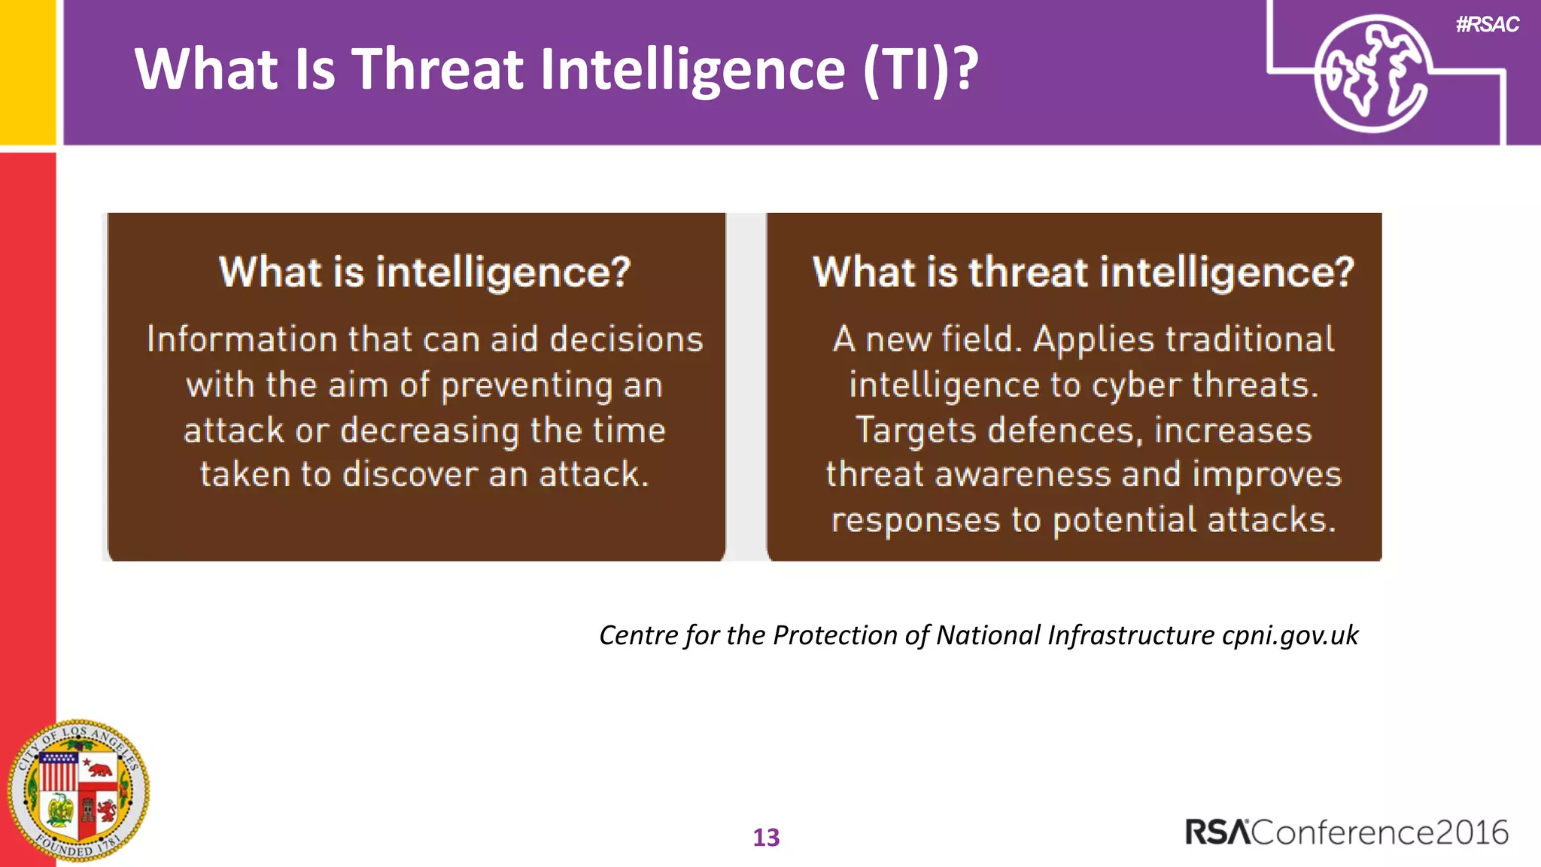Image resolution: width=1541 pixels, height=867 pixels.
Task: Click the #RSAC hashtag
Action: point(1487,25)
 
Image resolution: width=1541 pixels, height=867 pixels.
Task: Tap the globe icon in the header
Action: point(1372,74)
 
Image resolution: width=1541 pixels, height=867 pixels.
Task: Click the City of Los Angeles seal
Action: point(78,790)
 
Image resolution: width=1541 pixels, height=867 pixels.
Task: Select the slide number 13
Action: point(766,838)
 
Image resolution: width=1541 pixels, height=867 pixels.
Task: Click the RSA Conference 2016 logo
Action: point(1346,832)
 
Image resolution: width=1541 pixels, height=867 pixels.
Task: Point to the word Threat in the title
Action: point(437,69)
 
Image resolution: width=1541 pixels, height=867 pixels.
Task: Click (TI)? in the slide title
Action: point(920,69)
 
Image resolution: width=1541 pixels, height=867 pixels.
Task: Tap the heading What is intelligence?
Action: point(424,272)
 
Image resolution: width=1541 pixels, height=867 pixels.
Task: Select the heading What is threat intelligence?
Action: point(1083,272)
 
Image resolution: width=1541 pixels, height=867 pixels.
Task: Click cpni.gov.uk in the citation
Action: point(1290,635)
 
